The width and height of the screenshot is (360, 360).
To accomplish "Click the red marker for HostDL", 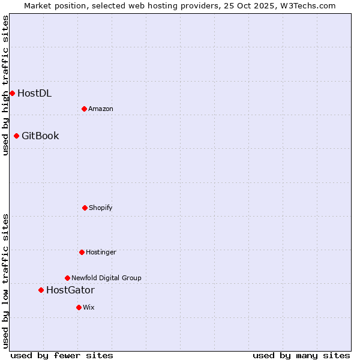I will (x=12, y=93).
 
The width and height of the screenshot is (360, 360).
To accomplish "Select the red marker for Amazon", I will (x=84, y=109).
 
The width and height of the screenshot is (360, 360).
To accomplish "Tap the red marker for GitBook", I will (x=16, y=136).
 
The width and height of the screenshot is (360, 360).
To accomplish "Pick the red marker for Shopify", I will (x=85, y=208).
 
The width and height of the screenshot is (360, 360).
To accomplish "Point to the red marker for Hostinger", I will (x=82, y=252).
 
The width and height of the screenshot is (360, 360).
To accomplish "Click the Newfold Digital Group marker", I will (x=67, y=278).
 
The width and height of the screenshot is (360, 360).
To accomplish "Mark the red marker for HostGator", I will (x=41, y=290).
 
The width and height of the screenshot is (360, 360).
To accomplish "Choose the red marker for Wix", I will (x=79, y=307).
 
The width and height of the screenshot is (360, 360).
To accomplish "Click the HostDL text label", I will (x=34, y=93).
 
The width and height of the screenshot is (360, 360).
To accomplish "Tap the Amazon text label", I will (x=101, y=109).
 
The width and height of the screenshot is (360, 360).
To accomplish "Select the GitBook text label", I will (x=40, y=136).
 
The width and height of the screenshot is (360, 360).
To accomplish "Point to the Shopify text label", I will (x=101, y=208).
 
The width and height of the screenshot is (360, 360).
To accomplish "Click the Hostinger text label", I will (x=101, y=252).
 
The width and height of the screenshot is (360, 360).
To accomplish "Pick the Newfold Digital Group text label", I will (x=106, y=278).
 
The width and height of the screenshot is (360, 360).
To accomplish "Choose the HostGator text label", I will (x=70, y=290).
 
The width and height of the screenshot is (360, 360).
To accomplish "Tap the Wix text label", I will (x=89, y=307).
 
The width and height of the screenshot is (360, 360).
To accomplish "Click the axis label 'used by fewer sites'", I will (x=62, y=355).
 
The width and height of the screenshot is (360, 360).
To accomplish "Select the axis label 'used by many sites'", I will (x=301, y=355).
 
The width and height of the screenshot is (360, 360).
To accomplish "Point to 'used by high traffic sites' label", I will (x=5, y=85).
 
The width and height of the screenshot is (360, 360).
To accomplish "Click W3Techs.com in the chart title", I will (x=307, y=5).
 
